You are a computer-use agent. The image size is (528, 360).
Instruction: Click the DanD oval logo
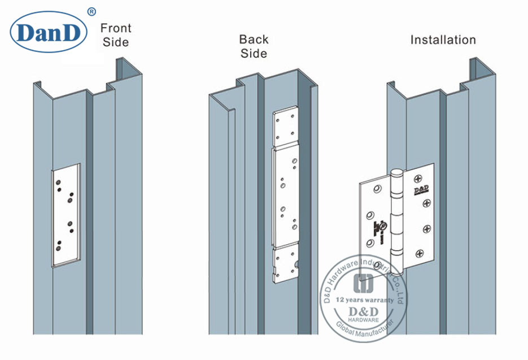pos(49,32)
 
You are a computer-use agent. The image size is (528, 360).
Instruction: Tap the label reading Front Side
pos(116,35)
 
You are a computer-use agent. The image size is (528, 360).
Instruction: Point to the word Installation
pos(443,40)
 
